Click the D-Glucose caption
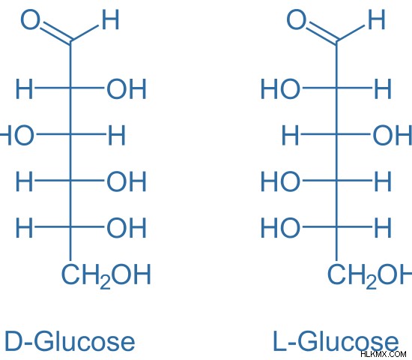pyautogui.click(x=70, y=341)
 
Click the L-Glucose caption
pyautogui.click(x=336, y=341)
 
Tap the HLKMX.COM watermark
pyautogui.click(x=384, y=354)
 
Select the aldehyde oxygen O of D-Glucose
pyautogui.click(x=31, y=19)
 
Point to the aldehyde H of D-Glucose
pyautogui.click(x=110, y=19)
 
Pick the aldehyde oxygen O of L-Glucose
pyautogui.click(x=297, y=19)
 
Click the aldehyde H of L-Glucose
pyautogui.click(x=377, y=19)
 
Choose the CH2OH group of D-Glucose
pyautogui.click(x=106, y=276)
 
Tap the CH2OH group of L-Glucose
pyautogui.click(x=370, y=276)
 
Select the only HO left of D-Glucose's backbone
pyautogui.click(x=16, y=135)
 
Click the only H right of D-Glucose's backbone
pyautogui.click(x=117, y=135)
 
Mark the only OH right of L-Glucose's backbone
pyautogui.click(x=393, y=135)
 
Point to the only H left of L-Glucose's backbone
pyautogui.click(x=290, y=135)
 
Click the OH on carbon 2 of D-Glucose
pyautogui.click(x=127, y=89)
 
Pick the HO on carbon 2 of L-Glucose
pyautogui.click(x=280, y=89)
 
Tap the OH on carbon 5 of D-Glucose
pyautogui.click(x=127, y=228)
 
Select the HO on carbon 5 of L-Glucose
pyautogui.click(x=280, y=228)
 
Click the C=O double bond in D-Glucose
pyautogui.click(x=56, y=33)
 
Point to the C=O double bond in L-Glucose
pyautogui.click(x=322, y=33)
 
